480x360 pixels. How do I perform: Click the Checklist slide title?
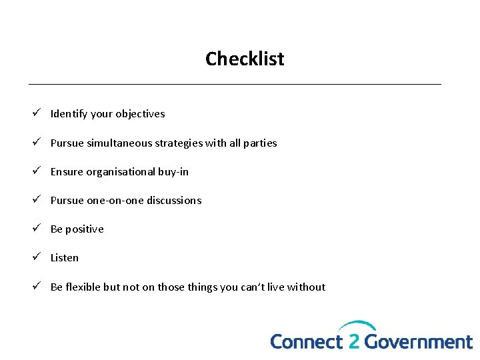tap(245, 59)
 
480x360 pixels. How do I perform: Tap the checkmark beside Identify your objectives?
tap(38, 113)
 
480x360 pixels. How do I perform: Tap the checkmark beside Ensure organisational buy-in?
tap(38, 171)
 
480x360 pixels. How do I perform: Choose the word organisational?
tap(121, 171)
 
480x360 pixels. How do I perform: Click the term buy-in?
tap(173, 171)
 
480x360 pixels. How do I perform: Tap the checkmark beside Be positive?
tap(38, 229)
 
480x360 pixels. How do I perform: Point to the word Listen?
tap(65, 257)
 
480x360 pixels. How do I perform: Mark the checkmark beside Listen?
tap(38, 257)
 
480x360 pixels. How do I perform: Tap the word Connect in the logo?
tap(306, 341)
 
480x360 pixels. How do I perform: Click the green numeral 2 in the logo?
tap(353, 341)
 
